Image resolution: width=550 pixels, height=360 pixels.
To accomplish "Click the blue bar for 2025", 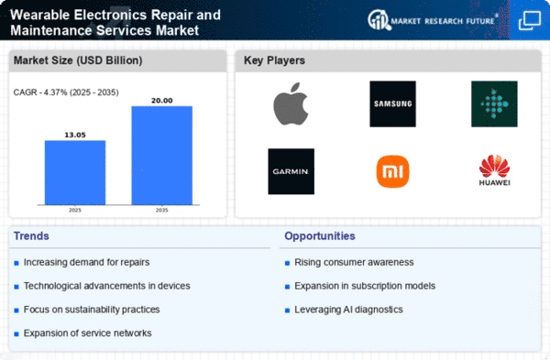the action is coord(75,172).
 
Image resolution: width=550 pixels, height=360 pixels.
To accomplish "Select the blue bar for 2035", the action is coord(161,156).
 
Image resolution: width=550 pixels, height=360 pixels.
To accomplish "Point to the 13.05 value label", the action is coord(75,135).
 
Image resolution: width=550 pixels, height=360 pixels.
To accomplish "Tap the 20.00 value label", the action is coord(161,101).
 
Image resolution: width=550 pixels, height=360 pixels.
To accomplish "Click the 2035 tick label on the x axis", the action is coord(161,210).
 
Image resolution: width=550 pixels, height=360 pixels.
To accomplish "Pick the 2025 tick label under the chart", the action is coord(75,210).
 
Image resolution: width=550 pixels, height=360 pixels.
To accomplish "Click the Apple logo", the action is coord(291,104).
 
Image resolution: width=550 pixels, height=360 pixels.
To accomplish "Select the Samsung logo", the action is coord(392,104).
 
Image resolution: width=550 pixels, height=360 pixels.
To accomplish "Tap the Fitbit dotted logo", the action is coord(494,104).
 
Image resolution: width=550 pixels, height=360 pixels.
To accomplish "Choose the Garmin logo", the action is coord(291,171).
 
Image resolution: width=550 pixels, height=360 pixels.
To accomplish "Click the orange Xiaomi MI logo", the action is coord(392,171).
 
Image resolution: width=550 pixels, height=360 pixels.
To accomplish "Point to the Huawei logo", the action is coord(494,170).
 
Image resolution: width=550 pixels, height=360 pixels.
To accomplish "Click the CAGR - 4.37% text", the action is coord(40,93).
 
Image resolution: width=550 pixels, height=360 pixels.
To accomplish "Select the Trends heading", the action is coord(31,236).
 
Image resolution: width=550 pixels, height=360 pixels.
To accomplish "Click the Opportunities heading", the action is coord(320,236).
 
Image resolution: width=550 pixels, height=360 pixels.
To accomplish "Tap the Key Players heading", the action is coord(274,60).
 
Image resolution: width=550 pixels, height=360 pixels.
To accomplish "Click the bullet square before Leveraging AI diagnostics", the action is coord(287,311).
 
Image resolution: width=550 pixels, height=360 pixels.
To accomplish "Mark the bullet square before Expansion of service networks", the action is coord(16,334).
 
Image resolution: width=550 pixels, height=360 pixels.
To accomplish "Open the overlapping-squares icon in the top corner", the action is coord(530,20).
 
